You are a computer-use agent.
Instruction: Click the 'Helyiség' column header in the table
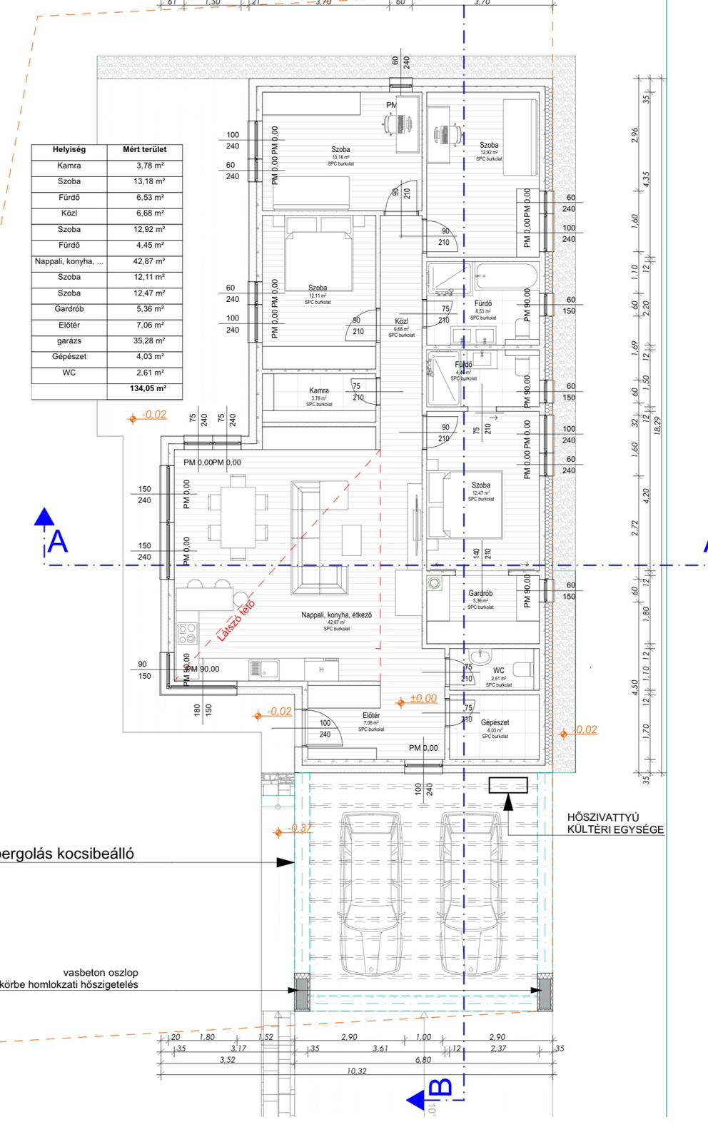pos(69,150)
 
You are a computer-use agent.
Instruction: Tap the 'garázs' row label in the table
pos(69,341)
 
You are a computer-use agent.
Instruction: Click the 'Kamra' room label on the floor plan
pos(319,390)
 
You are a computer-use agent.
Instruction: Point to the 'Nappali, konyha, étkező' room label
pos(336,615)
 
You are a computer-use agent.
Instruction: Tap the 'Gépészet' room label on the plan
pos(495,722)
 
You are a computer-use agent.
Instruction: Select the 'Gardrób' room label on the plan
pos(480,593)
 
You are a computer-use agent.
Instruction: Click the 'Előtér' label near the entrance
pos(371,715)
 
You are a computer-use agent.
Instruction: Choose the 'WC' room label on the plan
pos(498,670)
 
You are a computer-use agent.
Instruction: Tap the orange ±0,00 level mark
pos(423,699)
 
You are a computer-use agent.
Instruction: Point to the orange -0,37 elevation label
pos(300,829)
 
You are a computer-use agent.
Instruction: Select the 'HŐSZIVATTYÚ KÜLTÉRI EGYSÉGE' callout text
pos(615,824)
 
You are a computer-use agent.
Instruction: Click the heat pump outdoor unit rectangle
pos(508,785)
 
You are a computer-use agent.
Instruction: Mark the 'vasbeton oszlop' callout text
pos(101,972)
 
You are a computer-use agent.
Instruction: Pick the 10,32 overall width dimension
pos(356,1071)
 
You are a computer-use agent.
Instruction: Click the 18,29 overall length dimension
pos(657,425)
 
